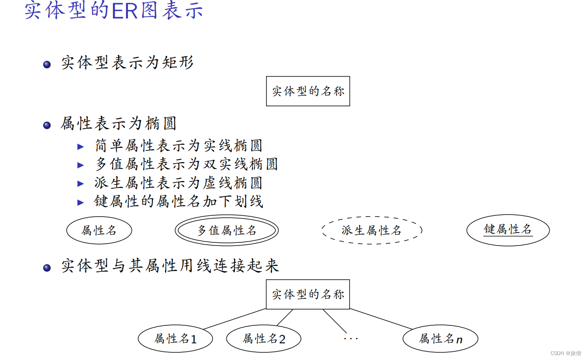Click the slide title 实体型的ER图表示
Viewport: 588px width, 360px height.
click(x=114, y=11)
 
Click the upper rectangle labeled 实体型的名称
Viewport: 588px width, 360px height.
click(x=308, y=91)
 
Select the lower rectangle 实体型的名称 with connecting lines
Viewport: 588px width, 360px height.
click(x=308, y=294)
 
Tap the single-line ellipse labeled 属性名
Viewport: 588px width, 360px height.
click(x=99, y=231)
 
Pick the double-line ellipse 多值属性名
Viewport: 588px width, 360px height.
click(x=227, y=231)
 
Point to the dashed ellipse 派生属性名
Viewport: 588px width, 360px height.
click(x=371, y=231)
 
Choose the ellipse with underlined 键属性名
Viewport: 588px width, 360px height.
click(x=508, y=230)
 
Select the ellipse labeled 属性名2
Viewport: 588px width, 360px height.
click(x=264, y=339)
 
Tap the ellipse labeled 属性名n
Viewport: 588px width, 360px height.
click(x=440, y=339)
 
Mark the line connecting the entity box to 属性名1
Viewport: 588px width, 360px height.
click(x=234, y=319)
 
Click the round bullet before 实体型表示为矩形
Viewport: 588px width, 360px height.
click(x=47, y=65)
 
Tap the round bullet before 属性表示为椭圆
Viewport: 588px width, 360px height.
click(x=47, y=125)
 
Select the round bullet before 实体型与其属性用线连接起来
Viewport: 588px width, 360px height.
click(x=47, y=268)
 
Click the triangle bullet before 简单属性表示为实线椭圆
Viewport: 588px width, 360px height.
click(x=81, y=146)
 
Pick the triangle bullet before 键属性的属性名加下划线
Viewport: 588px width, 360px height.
click(x=81, y=202)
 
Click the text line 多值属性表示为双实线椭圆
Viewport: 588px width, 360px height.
click(x=186, y=164)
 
